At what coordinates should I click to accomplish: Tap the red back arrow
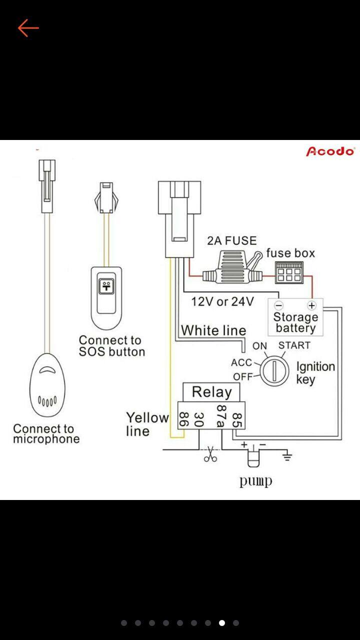[x=28, y=28]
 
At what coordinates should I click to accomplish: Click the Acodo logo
[x=330, y=151]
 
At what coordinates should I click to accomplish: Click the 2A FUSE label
[x=231, y=240]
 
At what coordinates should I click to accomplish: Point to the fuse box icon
[x=287, y=273]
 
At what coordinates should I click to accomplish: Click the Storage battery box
[x=295, y=318]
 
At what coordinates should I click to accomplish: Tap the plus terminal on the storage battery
[x=311, y=305]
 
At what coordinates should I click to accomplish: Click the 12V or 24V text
[x=222, y=301]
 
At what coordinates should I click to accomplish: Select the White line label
[x=213, y=330]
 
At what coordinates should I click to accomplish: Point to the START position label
[x=294, y=345]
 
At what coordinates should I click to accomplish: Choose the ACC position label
[x=241, y=362]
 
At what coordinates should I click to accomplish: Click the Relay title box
[x=211, y=392]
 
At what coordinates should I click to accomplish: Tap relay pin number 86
[x=183, y=419]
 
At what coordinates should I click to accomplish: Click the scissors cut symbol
[x=210, y=454]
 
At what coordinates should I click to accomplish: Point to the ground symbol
[x=286, y=455]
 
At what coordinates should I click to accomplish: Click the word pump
[x=255, y=481]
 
